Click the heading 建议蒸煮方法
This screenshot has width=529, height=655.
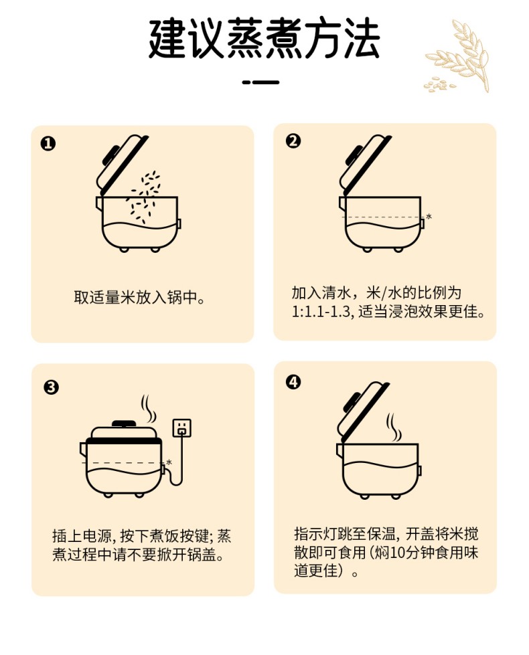click(264, 38)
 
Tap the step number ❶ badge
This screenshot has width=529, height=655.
click(48, 144)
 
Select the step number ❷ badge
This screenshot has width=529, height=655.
click(293, 141)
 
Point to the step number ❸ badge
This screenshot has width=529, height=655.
click(51, 387)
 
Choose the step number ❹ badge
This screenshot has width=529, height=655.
click(293, 382)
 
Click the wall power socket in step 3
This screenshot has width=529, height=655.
click(182, 428)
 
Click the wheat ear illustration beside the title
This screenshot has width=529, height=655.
click(457, 56)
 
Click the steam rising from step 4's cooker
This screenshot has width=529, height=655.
click(394, 428)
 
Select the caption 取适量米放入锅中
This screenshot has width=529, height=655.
click(139, 298)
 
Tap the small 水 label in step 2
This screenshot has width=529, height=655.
click(429, 216)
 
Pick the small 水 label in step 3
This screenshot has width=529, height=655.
click(169, 462)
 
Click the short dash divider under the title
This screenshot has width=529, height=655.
click(260, 82)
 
